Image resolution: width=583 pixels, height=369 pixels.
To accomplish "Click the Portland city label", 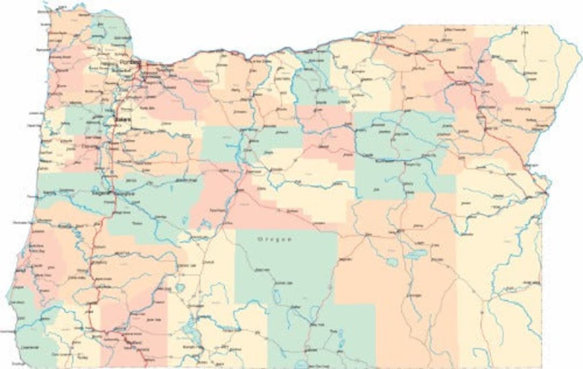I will coord(129,63).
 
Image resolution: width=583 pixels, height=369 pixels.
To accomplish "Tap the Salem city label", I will coord(122,120).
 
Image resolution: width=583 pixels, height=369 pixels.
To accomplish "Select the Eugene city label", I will coord(101,192).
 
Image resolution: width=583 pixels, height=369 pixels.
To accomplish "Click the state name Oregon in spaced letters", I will coord(275,239).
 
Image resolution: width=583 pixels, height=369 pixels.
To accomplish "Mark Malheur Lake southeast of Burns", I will coord(416,253).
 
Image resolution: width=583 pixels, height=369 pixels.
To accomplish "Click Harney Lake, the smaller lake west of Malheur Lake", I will coord(393,261).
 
